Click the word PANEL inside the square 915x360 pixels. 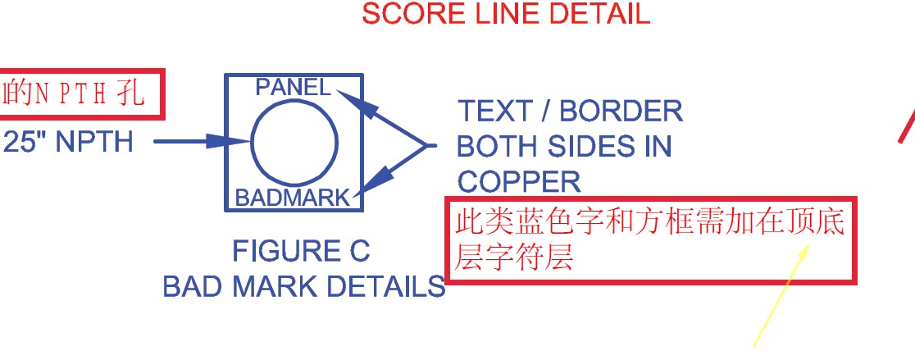pyautogui.click(x=293, y=87)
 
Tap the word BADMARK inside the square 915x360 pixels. pyautogui.click(x=292, y=198)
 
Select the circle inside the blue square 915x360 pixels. pyautogui.click(x=294, y=143)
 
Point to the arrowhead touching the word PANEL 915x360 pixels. pyautogui.click(x=348, y=98)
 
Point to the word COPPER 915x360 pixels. pyautogui.click(x=518, y=181)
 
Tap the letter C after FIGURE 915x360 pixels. pyautogui.click(x=360, y=250)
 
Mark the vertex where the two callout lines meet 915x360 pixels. pyautogui.click(x=428, y=146)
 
